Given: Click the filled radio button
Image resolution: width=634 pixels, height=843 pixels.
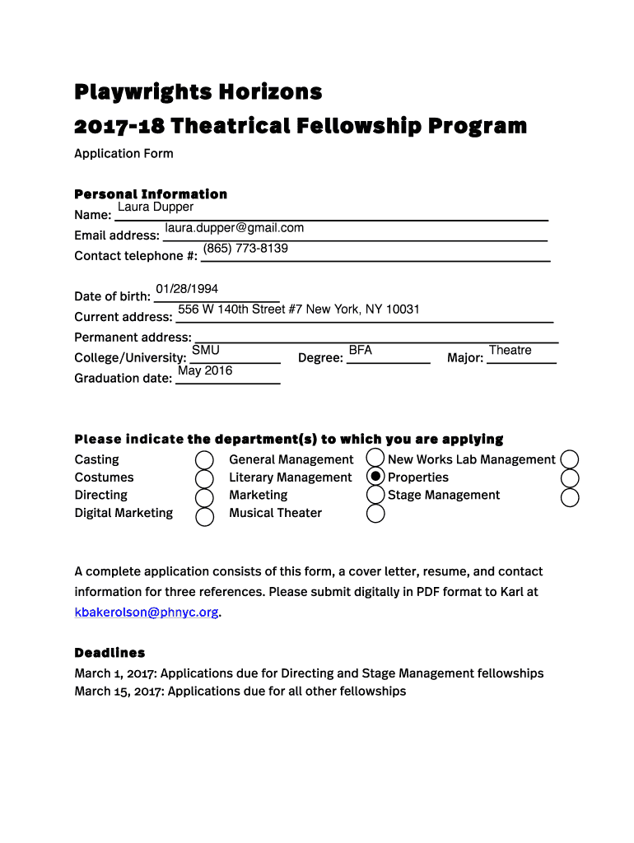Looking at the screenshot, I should tap(375, 477).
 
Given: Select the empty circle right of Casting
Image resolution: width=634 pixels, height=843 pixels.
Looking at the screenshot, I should tap(204, 460).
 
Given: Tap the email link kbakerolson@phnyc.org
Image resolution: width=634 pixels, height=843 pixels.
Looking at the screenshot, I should tap(147, 612).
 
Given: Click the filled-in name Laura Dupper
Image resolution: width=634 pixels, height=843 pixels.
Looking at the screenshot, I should tap(156, 207).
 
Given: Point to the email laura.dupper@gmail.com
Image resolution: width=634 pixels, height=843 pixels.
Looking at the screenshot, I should tap(234, 228).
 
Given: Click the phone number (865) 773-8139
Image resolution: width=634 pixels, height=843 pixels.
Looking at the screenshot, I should tap(245, 249).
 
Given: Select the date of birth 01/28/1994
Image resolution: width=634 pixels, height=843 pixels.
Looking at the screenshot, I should tap(187, 289).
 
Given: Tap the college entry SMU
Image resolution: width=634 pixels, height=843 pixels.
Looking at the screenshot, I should tap(206, 351).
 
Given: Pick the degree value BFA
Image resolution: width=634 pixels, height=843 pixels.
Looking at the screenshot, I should tap(361, 351).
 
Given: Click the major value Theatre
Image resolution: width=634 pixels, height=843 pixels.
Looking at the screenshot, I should tap(510, 351).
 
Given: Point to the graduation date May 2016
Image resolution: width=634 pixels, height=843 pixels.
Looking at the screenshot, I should tap(205, 371).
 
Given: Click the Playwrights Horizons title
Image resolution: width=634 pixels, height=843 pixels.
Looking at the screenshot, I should tap(198, 91).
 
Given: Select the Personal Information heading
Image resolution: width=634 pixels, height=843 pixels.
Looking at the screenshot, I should tap(151, 194).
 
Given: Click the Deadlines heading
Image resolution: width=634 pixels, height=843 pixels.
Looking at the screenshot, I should tap(110, 653).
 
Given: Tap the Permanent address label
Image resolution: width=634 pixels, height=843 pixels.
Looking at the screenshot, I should tap(133, 338).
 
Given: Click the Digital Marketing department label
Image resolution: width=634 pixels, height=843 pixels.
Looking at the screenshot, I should tap(124, 513).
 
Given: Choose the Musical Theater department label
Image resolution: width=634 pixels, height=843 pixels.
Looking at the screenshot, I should tap(275, 513).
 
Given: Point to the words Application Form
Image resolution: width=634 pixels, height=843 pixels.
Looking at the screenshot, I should tap(124, 154).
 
